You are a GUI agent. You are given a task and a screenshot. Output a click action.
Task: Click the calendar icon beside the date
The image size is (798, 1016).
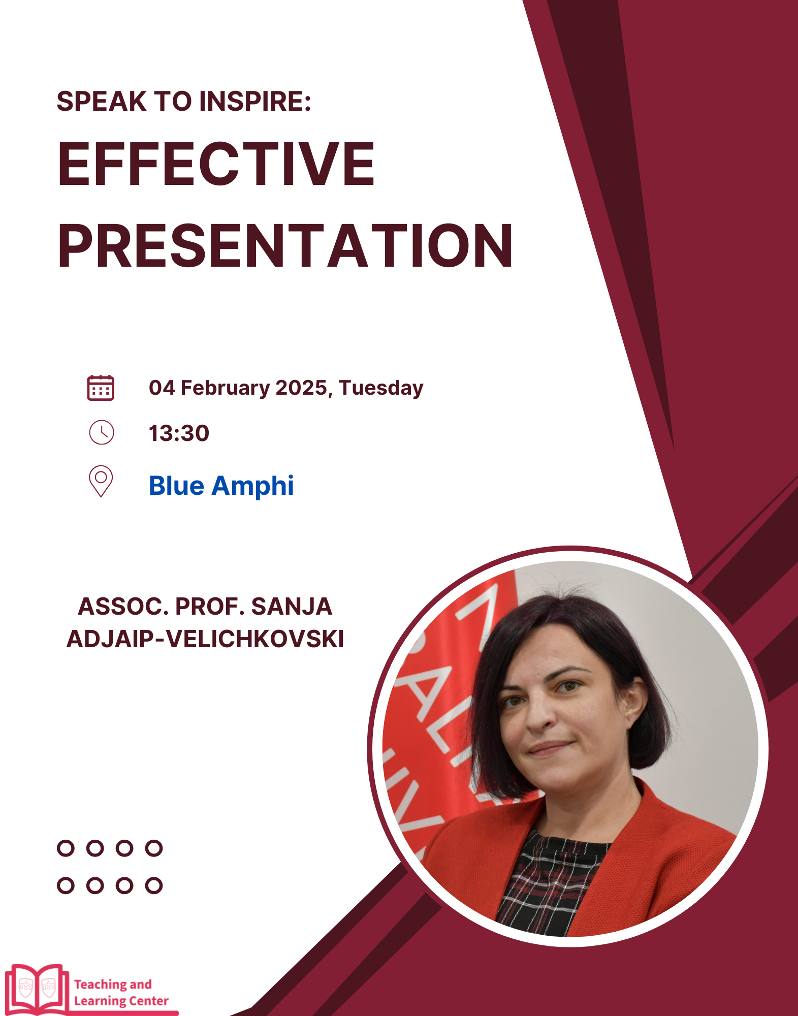point(101,388)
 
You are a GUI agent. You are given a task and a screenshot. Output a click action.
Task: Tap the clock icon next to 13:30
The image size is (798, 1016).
point(102,432)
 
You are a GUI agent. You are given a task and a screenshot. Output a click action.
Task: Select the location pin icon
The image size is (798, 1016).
point(101,481)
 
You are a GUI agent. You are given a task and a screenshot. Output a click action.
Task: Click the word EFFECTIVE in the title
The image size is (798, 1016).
point(216,164)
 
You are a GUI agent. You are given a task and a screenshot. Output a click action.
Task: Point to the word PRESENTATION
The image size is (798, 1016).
point(285,246)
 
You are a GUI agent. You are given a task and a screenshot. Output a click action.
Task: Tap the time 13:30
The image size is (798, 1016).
point(179,433)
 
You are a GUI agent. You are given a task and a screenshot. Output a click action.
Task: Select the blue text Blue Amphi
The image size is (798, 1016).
point(221,485)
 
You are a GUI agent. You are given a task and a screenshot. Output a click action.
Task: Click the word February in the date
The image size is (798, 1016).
point(226,389)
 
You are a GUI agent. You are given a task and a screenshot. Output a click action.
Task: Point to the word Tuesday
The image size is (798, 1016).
point(381,389)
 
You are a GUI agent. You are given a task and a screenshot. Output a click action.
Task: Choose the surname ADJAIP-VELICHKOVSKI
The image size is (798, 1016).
point(205,639)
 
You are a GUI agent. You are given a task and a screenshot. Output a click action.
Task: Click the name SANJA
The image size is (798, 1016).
point(291,607)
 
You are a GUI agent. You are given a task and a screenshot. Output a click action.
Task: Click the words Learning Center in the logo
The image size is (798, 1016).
point(121,1001)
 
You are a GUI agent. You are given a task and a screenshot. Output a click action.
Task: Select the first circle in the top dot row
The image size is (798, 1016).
point(66,848)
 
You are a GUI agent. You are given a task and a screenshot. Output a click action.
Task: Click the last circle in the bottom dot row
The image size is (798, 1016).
point(153,885)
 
